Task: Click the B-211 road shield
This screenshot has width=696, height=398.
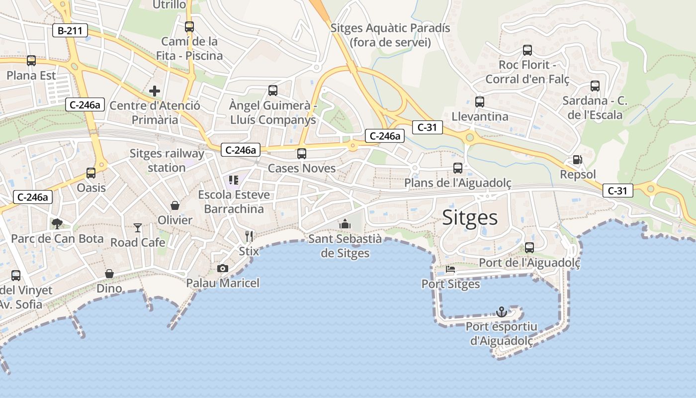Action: [70, 31]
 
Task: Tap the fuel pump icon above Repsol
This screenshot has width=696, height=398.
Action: [578, 160]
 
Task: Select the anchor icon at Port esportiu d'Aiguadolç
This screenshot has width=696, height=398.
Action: [502, 312]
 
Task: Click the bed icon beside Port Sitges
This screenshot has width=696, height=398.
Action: [450, 270]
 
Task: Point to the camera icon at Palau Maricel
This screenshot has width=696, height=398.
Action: [223, 269]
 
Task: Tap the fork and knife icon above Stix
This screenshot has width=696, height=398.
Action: [249, 236]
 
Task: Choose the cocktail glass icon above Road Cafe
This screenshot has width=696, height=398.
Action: [138, 228]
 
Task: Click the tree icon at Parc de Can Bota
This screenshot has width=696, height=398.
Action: [57, 224]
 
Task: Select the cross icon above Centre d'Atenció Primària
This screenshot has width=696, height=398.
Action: [155, 91]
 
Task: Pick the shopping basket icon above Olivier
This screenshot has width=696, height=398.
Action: [175, 205]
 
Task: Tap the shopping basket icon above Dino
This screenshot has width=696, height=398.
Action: [109, 274]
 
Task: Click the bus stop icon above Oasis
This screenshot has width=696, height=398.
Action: [91, 173]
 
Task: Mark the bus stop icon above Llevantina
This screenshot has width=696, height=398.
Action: [480, 102]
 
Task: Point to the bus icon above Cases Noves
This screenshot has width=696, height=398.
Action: [302, 154]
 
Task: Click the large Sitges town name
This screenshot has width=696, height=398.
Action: [470, 217]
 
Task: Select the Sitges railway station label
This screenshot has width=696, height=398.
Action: [167, 160]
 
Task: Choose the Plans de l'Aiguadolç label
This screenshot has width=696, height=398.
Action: [457, 183]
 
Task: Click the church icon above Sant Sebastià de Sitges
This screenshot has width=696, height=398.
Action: [345, 224]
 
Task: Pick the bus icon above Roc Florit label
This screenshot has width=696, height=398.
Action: [527, 50]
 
